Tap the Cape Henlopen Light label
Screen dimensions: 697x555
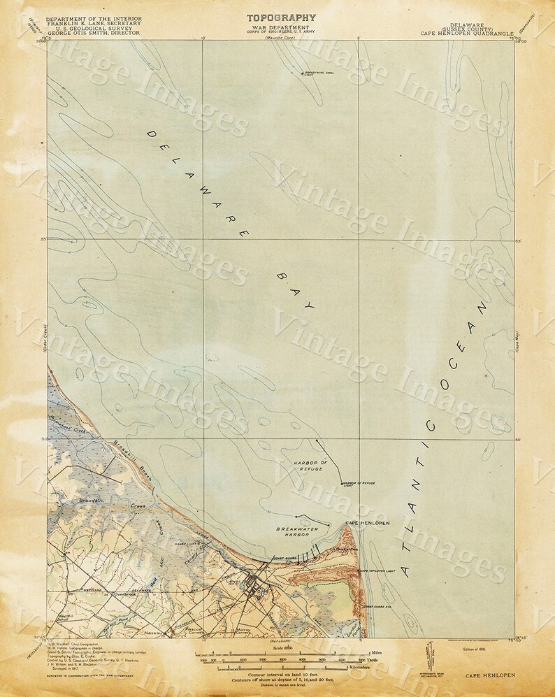[378, 571]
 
